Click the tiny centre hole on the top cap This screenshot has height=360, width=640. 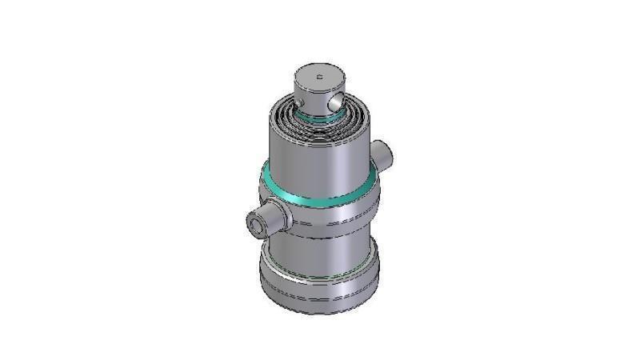coord(318,78)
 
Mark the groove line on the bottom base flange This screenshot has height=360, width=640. coord(318,298)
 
